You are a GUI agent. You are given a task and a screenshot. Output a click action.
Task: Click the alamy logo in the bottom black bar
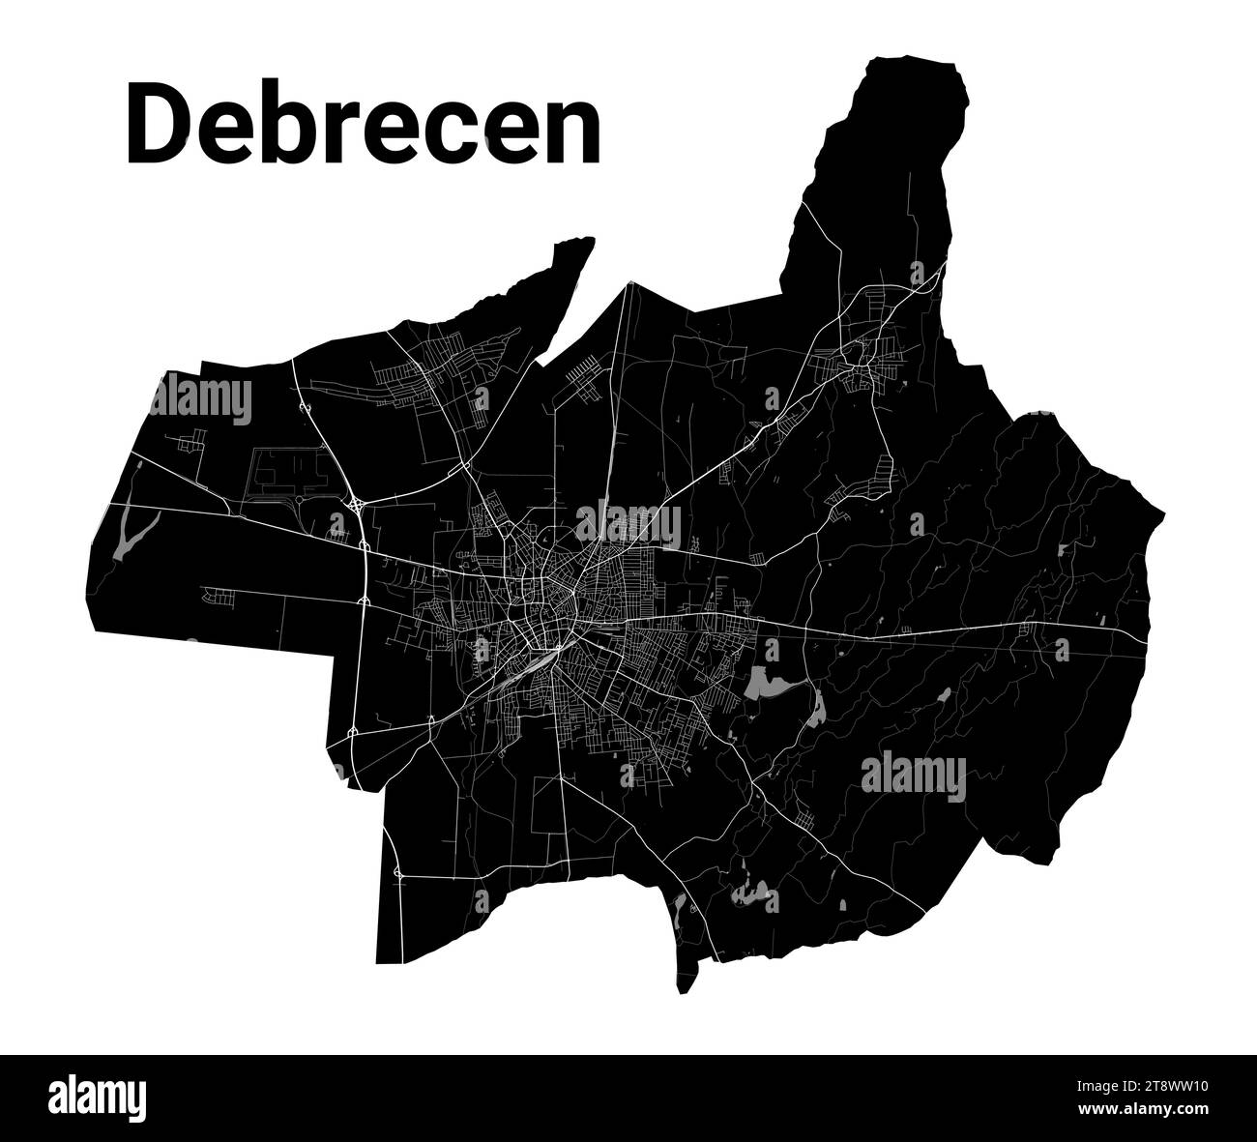click(98, 1098)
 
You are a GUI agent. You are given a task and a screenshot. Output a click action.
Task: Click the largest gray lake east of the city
click(770, 687)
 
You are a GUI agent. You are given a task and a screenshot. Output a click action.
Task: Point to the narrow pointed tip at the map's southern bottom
click(684, 991)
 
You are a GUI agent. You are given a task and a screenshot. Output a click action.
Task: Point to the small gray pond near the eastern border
click(1063, 551)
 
